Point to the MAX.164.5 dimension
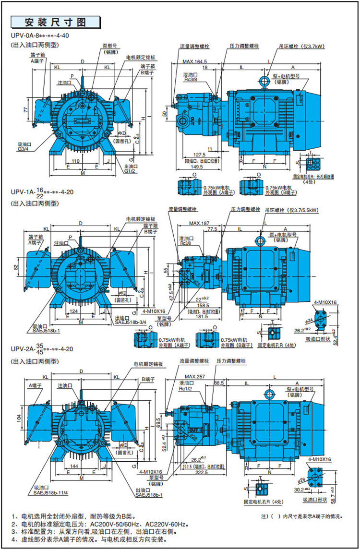pyautogui.click(x=194, y=61)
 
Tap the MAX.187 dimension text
pyautogui.click(x=200, y=223)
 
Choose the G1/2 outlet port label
pyautogui.click(x=130, y=171)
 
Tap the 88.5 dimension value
pyautogui.click(x=219, y=383)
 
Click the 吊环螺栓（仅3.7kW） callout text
pyautogui.click(x=302, y=47)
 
